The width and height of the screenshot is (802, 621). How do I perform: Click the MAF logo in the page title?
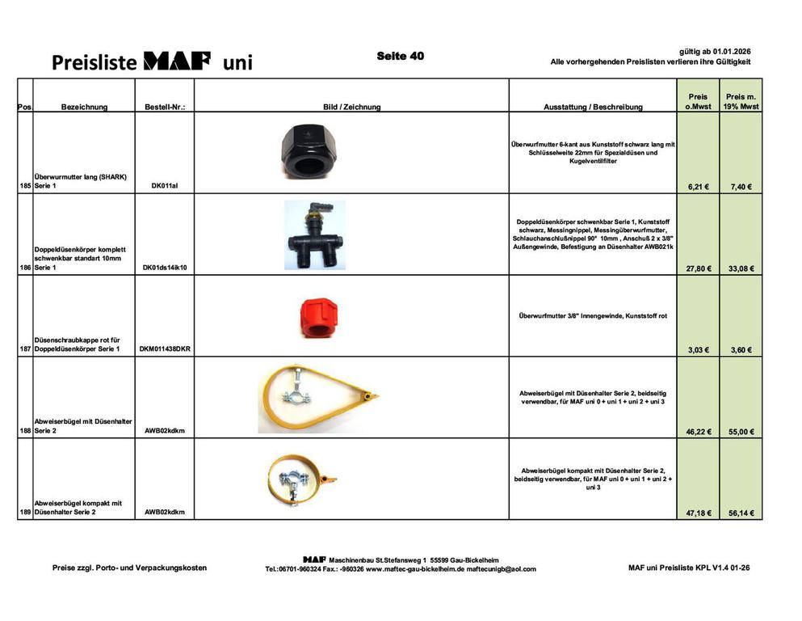click(177, 61)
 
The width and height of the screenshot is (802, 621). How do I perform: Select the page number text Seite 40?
click(400, 56)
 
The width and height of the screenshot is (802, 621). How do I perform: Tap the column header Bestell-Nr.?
click(165, 107)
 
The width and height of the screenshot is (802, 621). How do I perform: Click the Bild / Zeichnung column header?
click(351, 107)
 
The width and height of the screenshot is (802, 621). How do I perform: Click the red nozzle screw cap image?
click(312, 316)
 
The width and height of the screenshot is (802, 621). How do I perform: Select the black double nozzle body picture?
click(314, 234)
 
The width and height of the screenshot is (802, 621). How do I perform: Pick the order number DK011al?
click(165, 186)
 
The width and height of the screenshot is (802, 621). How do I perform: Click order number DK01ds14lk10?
click(165, 268)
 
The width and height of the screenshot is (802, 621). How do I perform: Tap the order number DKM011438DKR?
click(165, 349)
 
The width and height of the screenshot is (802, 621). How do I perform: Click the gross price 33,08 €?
click(739, 268)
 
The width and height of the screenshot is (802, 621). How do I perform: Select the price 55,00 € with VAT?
click(739, 432)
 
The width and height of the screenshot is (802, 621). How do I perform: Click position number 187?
click(25, 349)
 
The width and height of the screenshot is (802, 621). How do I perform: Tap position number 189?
click(25, 513)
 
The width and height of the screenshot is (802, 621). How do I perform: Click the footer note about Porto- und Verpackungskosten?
click(129, 568)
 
